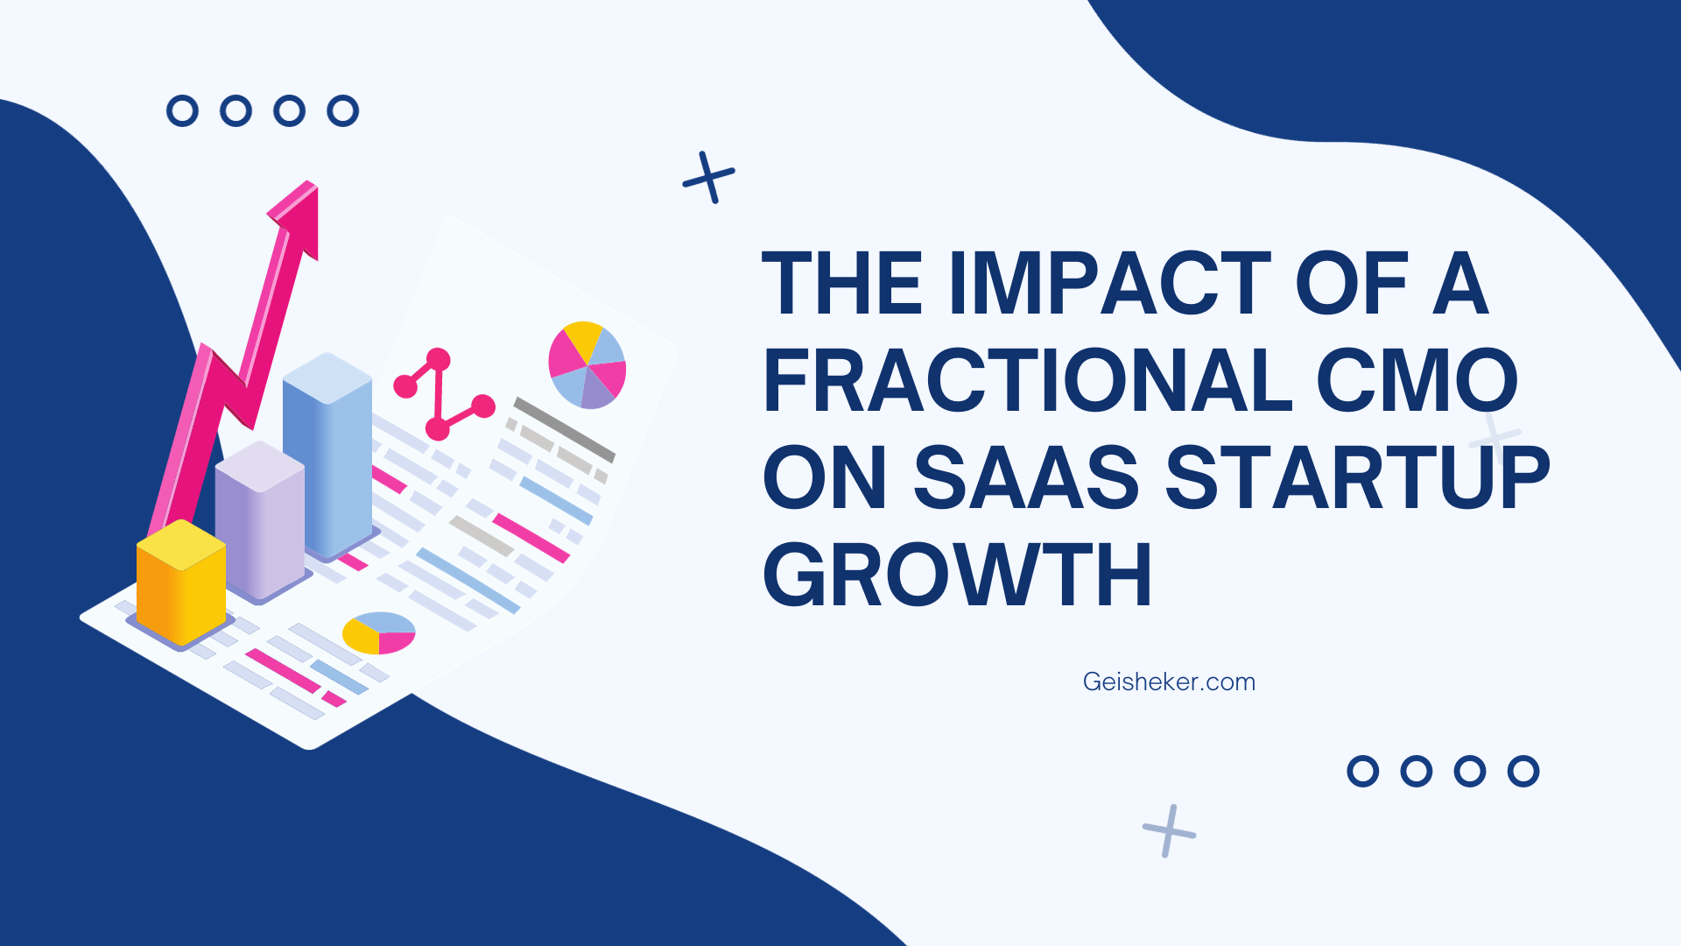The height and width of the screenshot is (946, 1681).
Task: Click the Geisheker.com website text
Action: (1169, 681)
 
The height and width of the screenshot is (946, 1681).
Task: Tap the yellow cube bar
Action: (181, 582)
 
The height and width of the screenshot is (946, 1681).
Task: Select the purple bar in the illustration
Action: (260, 520)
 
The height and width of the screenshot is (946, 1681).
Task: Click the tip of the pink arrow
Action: (315, 182)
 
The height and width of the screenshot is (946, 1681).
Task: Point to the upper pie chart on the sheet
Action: (587, 364)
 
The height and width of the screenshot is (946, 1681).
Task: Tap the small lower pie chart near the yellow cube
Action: (379, 632)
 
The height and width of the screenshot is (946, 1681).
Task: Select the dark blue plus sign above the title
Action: (709, 178)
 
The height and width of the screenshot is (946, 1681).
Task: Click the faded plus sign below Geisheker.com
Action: (1169, 831)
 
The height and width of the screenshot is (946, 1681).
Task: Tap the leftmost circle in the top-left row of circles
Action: (183, 111)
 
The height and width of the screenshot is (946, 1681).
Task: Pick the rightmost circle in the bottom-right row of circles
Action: (1523, 772)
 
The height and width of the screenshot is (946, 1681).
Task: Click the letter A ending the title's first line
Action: (1460, 282)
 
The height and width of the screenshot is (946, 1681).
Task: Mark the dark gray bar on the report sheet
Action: (565, 429)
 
